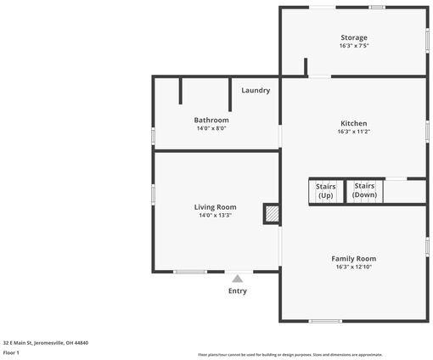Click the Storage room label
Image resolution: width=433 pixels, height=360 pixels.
pos(354,37)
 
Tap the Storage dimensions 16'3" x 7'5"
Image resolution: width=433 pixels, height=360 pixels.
pos(354,46)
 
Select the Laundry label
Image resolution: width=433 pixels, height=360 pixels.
pos(256,90)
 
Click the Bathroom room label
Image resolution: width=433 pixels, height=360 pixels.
pos(211,120)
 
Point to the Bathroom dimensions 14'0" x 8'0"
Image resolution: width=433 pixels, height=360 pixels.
pos(211,128)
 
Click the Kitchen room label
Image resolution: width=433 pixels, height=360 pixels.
pos(354,122)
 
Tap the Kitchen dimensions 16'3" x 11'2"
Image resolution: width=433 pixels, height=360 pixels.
pos(354,131)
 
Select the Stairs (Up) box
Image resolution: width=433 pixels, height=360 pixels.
pos(325,191)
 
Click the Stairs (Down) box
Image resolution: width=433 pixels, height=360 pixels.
pos(364,191)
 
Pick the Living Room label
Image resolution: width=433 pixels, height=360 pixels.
pos(216,206)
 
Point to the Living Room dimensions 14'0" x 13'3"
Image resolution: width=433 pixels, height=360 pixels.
pos(216,215)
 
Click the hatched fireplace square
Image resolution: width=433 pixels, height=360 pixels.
pos(272,214)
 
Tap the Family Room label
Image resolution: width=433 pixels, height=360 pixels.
pos(354,258)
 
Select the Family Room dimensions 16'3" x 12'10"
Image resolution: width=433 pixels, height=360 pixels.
pos(354,267)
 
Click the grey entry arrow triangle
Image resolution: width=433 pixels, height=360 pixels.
pos(238,278)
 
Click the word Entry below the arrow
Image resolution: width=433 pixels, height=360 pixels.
pos(238,291)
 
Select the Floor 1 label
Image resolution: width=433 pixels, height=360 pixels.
pos(11,352)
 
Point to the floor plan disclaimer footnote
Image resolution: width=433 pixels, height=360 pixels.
pos(290,354)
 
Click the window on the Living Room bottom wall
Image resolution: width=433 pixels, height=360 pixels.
pos(190,272)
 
